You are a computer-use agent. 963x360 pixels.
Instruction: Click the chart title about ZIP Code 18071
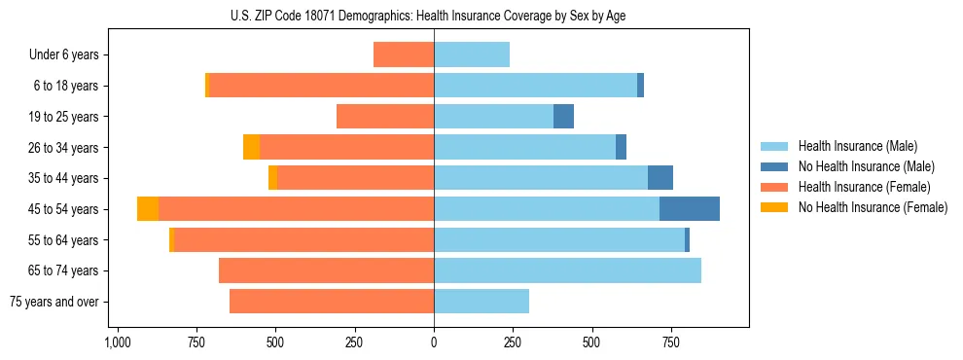pos(434,16)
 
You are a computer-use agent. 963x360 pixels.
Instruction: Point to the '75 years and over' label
pos(54,302)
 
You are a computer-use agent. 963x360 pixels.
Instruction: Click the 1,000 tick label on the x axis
pos(117,343)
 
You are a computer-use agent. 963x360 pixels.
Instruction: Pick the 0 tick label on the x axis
pos(434,343)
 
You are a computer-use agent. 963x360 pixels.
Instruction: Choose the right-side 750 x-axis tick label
pos(671,343)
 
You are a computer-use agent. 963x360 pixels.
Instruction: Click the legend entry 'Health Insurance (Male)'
pos(857,146)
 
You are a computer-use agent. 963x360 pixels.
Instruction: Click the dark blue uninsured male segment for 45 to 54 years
pos(690,209)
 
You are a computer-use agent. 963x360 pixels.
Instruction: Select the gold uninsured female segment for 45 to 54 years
pos(148,209)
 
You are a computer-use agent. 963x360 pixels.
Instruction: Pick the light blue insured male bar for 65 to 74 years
pos(567,270)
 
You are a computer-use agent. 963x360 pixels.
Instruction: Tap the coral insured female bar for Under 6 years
pos(404,55)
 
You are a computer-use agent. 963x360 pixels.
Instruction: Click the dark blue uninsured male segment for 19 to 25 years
pos(563,117)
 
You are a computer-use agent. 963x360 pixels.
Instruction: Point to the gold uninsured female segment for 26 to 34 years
pos(251,148)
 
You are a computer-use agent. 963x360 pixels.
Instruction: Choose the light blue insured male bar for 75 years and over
pos(481,302)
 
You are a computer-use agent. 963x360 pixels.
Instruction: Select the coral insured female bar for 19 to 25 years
pos(385,117)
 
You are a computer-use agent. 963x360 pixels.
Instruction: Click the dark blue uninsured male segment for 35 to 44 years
pos(660,178)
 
